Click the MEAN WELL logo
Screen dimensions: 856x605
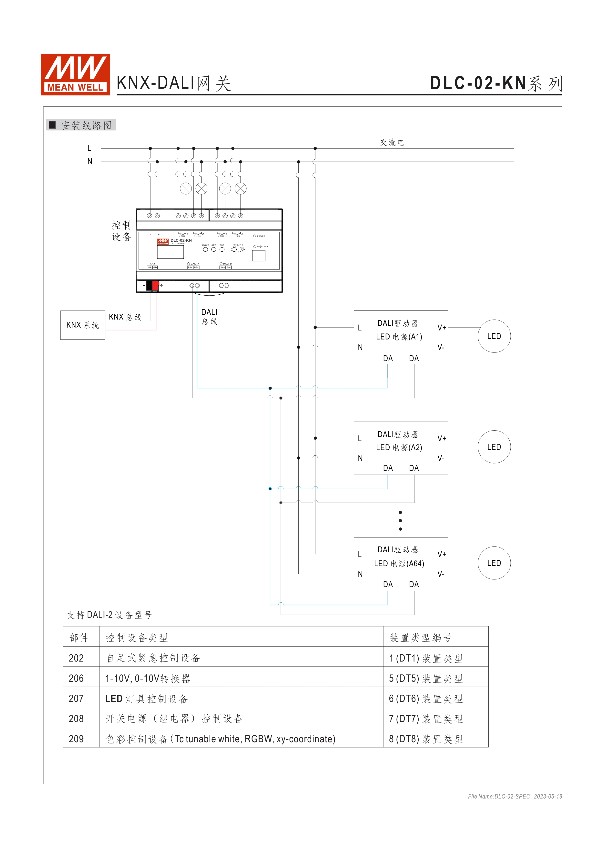(75, 74)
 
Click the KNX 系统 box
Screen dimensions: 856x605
(83, 325)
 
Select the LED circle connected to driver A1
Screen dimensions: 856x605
(494, 336)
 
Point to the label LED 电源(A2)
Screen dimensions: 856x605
(399, 447)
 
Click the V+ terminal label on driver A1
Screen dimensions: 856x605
(442, 328)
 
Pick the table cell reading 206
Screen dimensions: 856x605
(76, 679)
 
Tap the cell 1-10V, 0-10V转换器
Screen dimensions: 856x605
(148, 679)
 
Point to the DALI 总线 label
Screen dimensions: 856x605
(209, 317)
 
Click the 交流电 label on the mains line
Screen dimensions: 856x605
(392, 142)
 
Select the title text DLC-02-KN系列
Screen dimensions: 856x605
(495, 83)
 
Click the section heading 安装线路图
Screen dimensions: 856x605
(86, 125)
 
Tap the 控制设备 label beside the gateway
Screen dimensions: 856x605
(121, 231)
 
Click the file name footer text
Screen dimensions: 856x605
(515, 796)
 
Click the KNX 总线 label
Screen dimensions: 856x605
(125, 317)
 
